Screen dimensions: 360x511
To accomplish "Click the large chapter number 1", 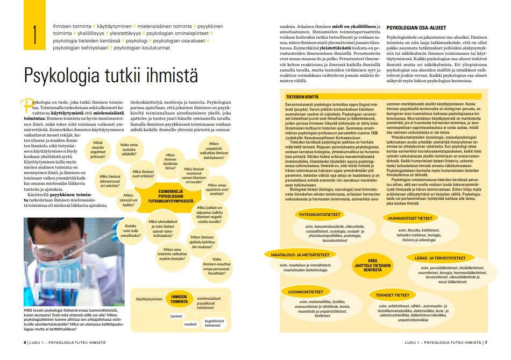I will coord(35,33).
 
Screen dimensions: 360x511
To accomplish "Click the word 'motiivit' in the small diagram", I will coord(190,324).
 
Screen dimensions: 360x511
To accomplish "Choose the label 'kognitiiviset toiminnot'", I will coord(214,322).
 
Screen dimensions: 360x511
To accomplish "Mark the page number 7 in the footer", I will coord(486,342).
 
